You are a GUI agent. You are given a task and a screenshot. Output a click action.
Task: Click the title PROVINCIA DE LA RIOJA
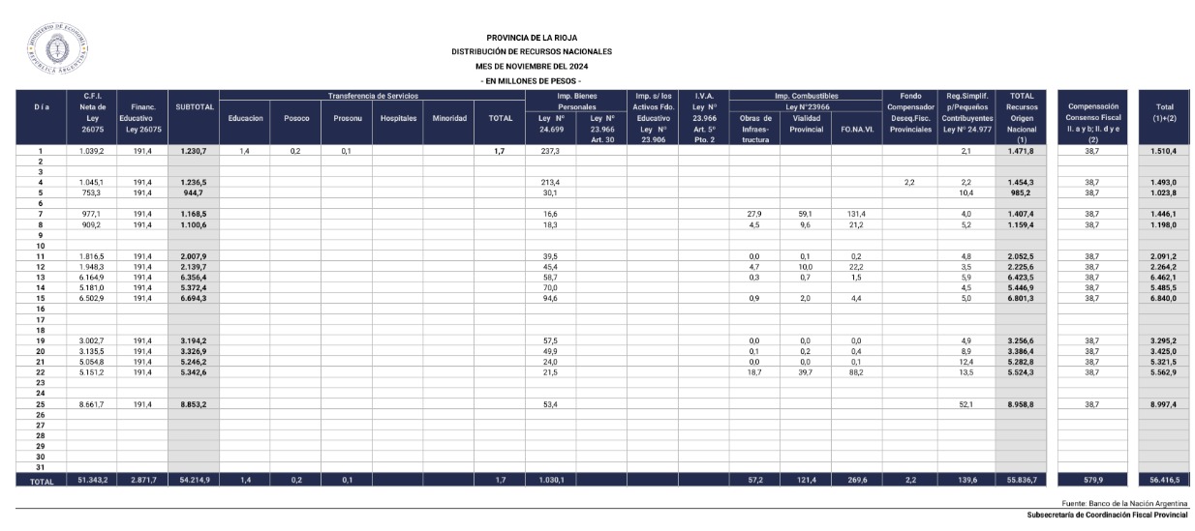(x=531, y=37)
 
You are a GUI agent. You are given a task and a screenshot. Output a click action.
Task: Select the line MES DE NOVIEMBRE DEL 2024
(x=531, y=66)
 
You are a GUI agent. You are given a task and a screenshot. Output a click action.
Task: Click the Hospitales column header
(x=397, y=117)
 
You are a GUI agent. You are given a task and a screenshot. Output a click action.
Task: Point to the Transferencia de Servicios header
(x=372, y=96)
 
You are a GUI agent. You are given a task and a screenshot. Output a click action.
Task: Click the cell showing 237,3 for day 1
(x=550, y=152)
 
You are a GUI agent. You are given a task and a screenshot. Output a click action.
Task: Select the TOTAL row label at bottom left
(x=42, y=480)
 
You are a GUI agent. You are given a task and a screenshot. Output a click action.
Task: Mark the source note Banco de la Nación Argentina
(x=1124, y=504)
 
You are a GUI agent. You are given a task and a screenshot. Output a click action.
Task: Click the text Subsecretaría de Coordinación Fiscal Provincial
(x=1107, y=515)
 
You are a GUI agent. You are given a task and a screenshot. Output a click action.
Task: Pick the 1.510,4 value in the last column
(x=1163, y=152)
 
